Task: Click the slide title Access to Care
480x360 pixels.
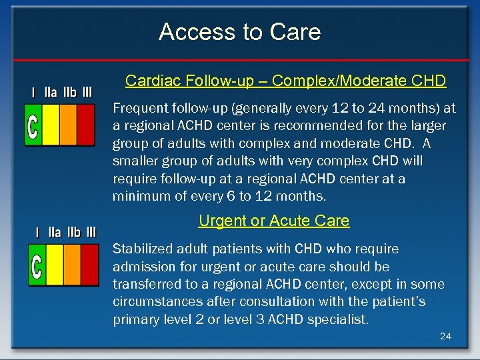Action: (x=240, y=32)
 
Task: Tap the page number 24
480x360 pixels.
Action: (x=445, y=336)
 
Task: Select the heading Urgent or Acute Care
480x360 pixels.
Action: (x=274, y=221)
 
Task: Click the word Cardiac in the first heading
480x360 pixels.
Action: (x=148, y=81)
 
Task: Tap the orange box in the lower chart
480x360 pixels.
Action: (x=71, y=265)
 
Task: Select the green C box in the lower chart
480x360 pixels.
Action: (x=37, y=265)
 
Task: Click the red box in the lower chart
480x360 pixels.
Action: (x=89, y=265)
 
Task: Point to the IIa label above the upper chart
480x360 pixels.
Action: (x=51, y=92)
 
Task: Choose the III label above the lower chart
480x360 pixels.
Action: (x=91, y=232)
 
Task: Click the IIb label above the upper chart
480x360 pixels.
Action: (x=69, y=92)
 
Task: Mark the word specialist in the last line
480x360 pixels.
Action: (x=337, y=319)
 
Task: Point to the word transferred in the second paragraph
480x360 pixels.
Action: (x=145, y=284)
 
